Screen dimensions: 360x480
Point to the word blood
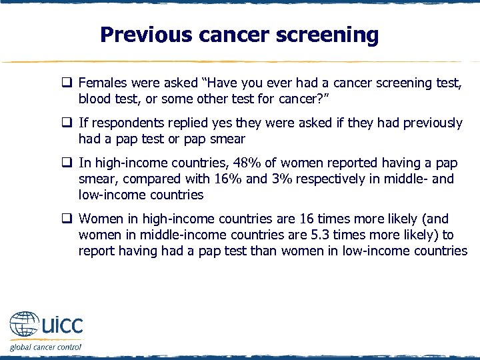tap(94, 99)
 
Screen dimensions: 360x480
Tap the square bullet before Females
tap(67, 83)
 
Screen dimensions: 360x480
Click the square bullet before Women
tap(67, 219)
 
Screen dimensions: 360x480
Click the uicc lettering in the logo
tap(62, 327)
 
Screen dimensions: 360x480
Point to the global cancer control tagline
tap(45, 347)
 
